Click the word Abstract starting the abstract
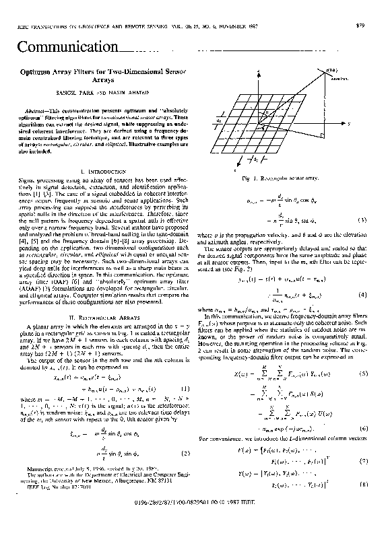[x=36, y=109]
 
